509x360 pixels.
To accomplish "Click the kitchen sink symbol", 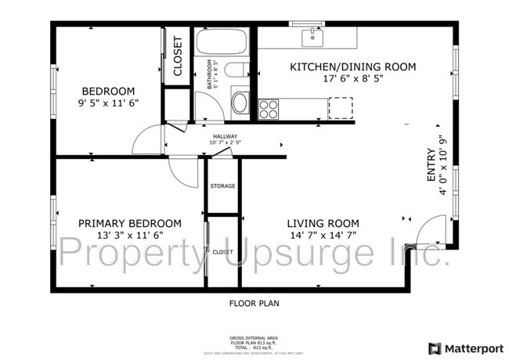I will tap(313, 35).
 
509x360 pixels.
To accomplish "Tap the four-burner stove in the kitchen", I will tap(269, 108).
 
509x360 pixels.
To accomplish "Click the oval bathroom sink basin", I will tap(240, 103).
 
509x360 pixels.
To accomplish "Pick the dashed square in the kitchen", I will tap(340, 107).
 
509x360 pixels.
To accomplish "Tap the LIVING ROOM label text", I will tap(322, 223).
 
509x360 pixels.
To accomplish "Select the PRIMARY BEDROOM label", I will tap(129, 223).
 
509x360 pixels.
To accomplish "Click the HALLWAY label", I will tap(224, 136).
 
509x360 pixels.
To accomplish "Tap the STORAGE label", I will tap(222, 186).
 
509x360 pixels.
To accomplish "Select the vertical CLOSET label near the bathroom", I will tap(177, 56).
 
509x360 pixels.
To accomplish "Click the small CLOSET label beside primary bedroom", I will tap(222, 252).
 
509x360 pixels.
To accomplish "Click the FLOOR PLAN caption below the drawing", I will tap(254, 303).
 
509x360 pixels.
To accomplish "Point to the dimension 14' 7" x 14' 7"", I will tap(322, 236).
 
